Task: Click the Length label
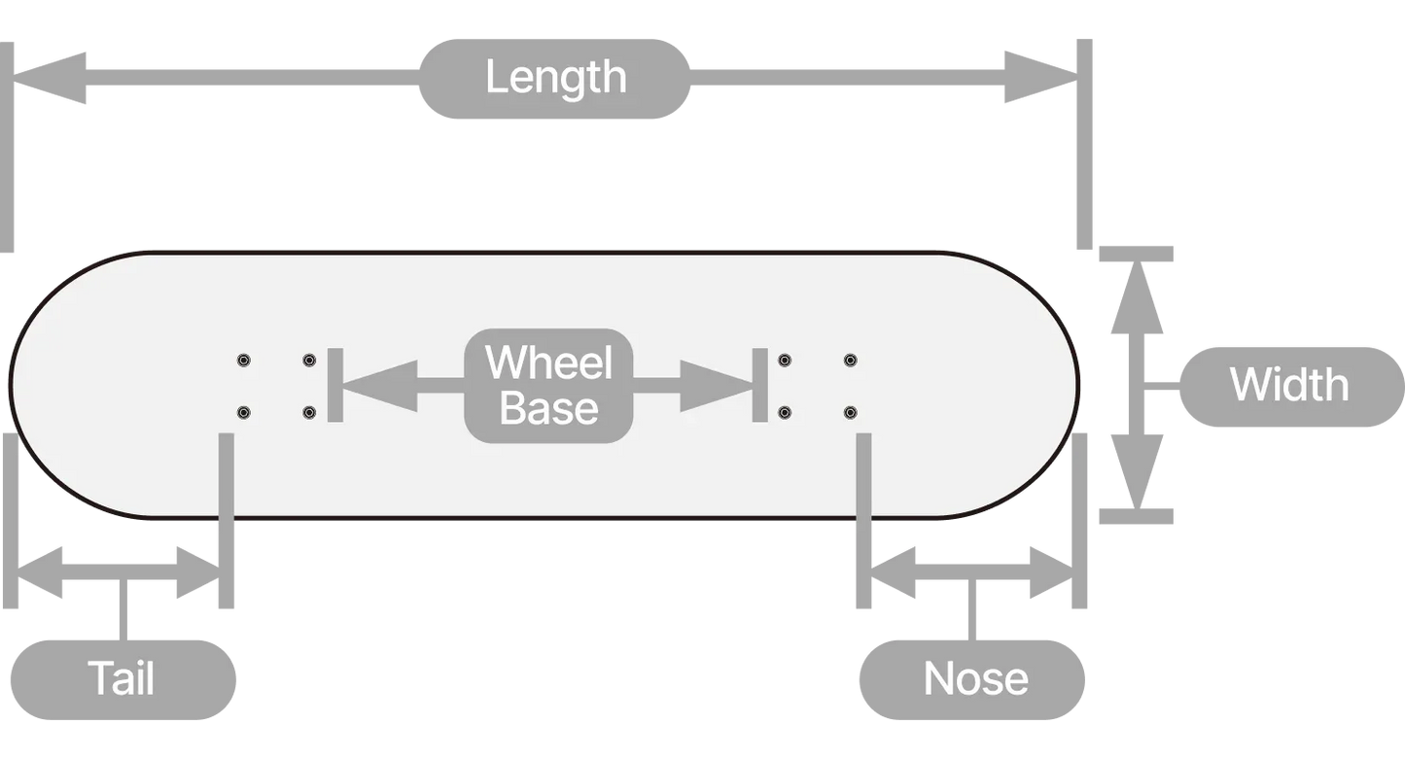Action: coord(555,79)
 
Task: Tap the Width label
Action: coord(1289,386)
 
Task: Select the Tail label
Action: coord(122,678)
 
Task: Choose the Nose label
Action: coord(975,678)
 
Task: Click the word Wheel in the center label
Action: coord(549,362)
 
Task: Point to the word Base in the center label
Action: coord(549,409)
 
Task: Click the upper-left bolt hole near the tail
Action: coord(243,361)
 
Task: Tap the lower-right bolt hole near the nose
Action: coord(850,413)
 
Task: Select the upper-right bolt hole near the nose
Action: coord(850,361)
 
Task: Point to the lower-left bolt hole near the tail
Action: coord(243,413)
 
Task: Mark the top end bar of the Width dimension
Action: coord(1136,255)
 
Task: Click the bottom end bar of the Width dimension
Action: coord(1136,516)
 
